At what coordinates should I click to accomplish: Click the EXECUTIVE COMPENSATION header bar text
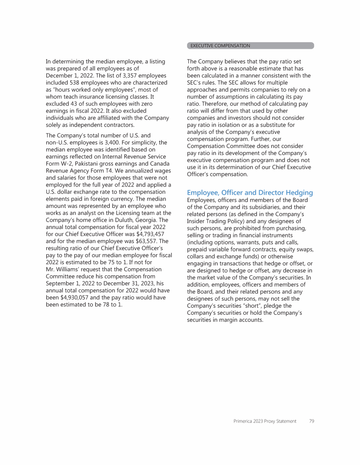(220, 46)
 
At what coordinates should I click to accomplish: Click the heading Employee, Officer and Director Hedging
(250, 192)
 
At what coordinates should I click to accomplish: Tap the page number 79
(311, 421)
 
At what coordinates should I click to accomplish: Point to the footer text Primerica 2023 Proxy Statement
(265, 421)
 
